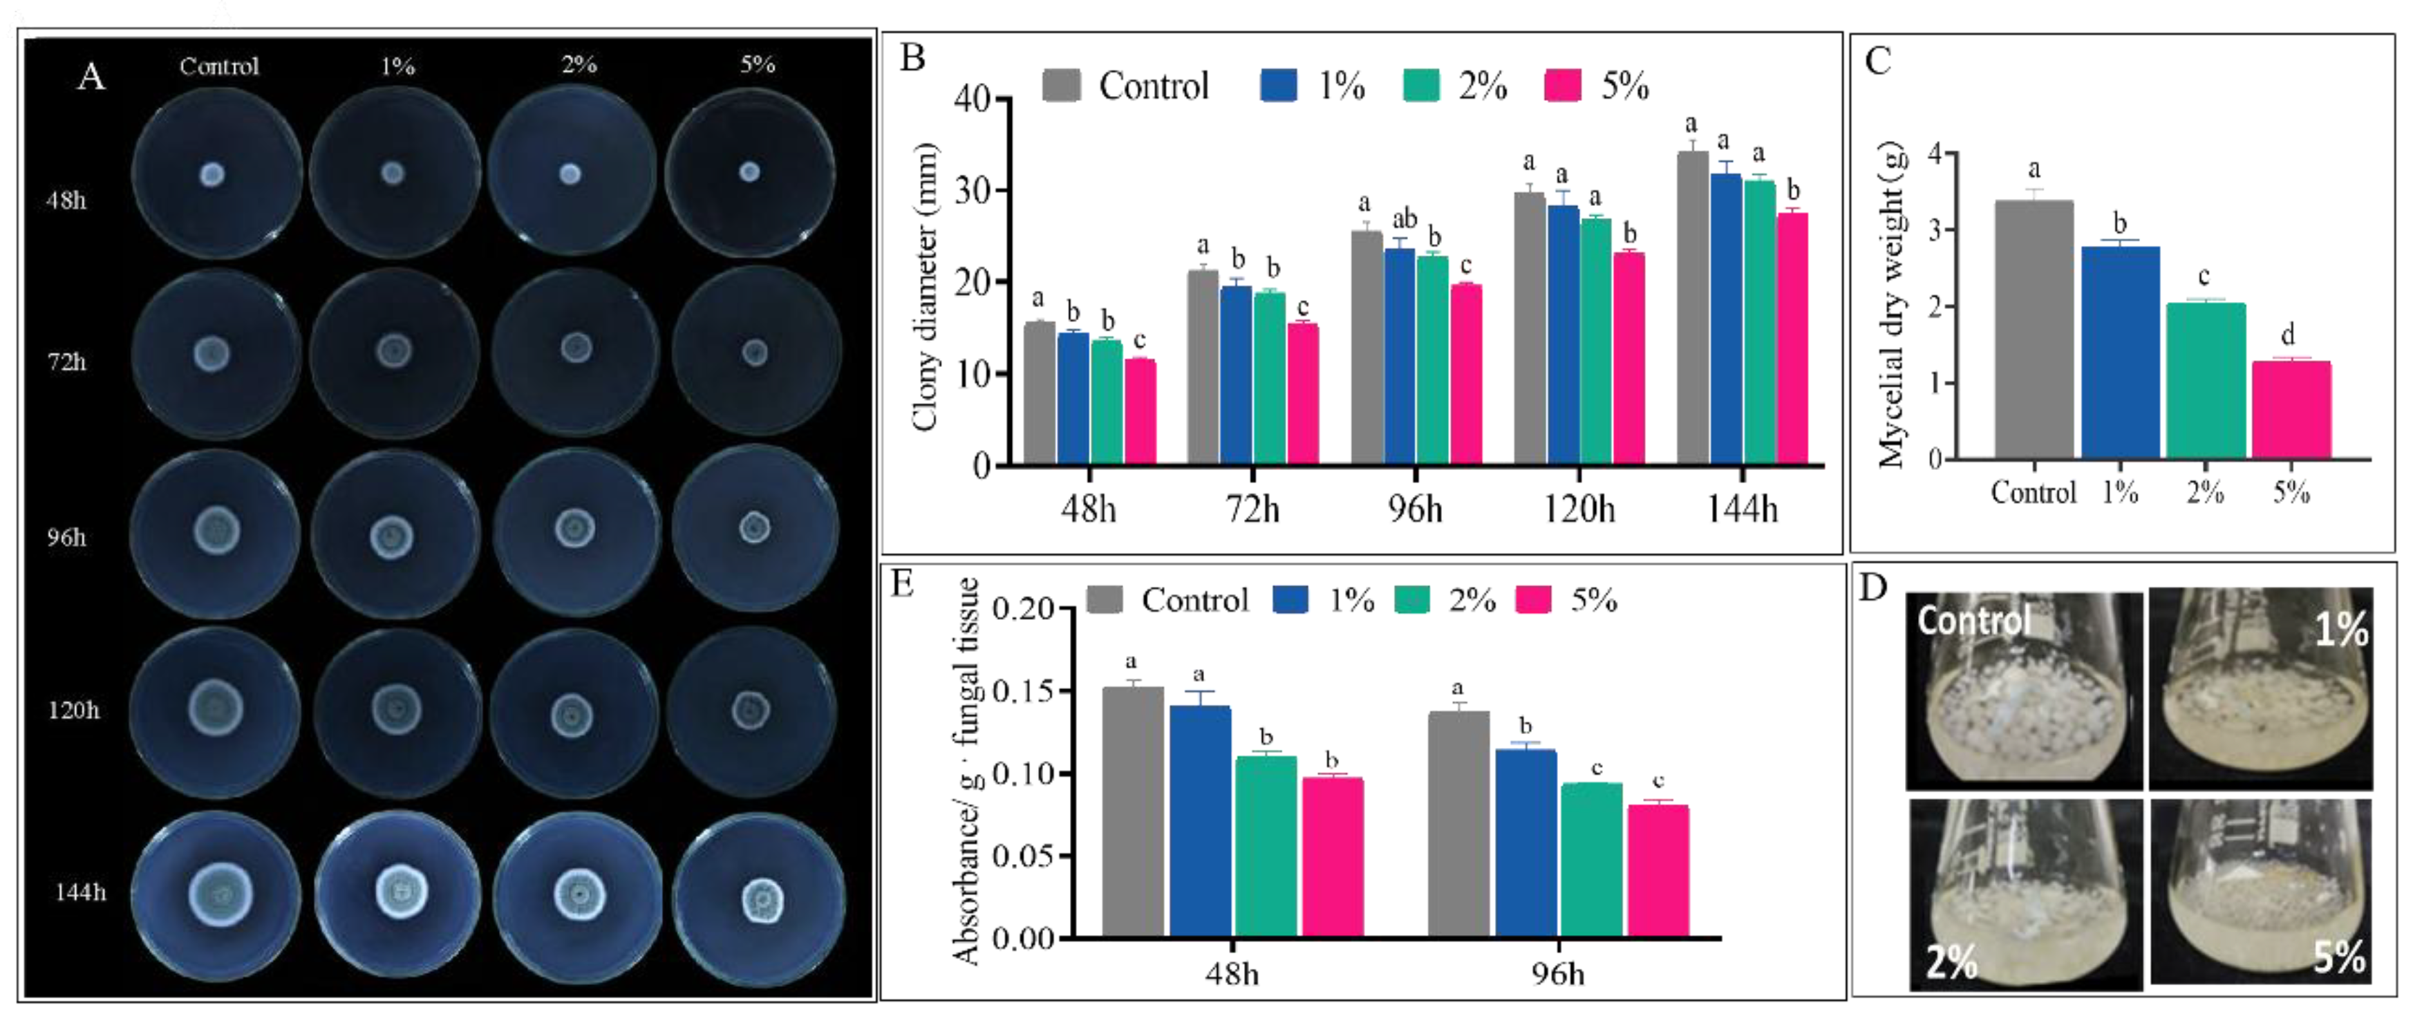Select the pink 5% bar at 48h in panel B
click(1140, 413)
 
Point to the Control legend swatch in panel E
click(1105, 600)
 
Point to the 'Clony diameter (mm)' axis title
click(925, 287)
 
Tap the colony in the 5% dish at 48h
click(749, 171)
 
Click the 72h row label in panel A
click(68, 362)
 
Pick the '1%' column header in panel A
click(397, 66)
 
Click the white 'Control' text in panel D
click(1973, 621)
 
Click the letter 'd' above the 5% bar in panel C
click(2287, 335)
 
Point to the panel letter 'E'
click(903, 584)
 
